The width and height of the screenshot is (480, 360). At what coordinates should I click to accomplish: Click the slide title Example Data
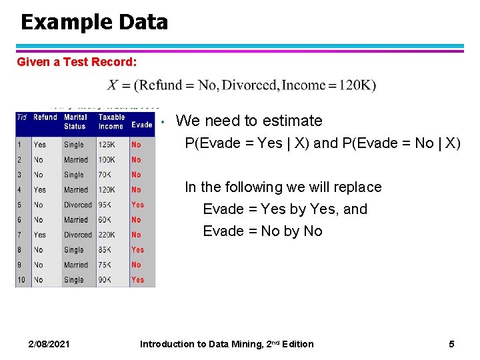pyautogui.click(x=94, y=22)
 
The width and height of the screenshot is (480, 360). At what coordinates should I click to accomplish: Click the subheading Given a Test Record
pyautogui.click(x=77, y=62)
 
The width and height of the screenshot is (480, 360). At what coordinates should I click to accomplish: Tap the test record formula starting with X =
pyautogui.click(x=241, y=85)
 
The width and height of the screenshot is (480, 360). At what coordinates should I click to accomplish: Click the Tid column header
pyautogui.click(x=22, y=117)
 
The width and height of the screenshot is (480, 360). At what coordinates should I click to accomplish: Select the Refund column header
pyautogui.click(x=45, y=117)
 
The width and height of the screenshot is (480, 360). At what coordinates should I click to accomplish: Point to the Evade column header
pyautogui.click(x=141, y=125)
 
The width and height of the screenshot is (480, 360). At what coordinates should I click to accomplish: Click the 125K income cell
pyautogui.click(x=107, y=145)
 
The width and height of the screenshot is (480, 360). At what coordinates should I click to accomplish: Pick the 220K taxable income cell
pyautogui.click(x=108, y=235)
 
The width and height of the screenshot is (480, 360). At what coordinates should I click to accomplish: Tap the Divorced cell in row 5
pyautogui.click(x=78, y=205)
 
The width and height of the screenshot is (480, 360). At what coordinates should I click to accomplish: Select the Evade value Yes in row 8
pyautogui.click(x=137, y=250)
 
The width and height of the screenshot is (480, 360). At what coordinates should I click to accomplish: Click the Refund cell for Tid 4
pyautogui.click(x=40, y=190)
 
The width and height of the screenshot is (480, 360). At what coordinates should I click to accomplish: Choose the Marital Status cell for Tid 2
pyautogui.click(x=76, y=160)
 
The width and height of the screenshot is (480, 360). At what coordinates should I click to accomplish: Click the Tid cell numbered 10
pyautogui.click(x=21, y=280)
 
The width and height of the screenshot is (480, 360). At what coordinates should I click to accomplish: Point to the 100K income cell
pyautogui.click(x=107, y=160)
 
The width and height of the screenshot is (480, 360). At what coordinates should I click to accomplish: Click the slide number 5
pyautogui.click(x=451, y=344)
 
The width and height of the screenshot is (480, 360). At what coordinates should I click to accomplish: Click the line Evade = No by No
pyautogui.click(x=263, y=231)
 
